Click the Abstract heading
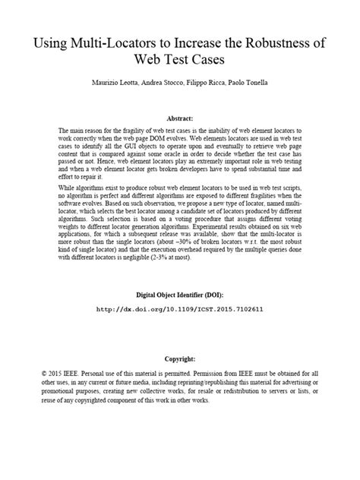pyautogui.click(x=181, y=118)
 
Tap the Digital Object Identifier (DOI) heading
pyautogui.click(x=180, y=294)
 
